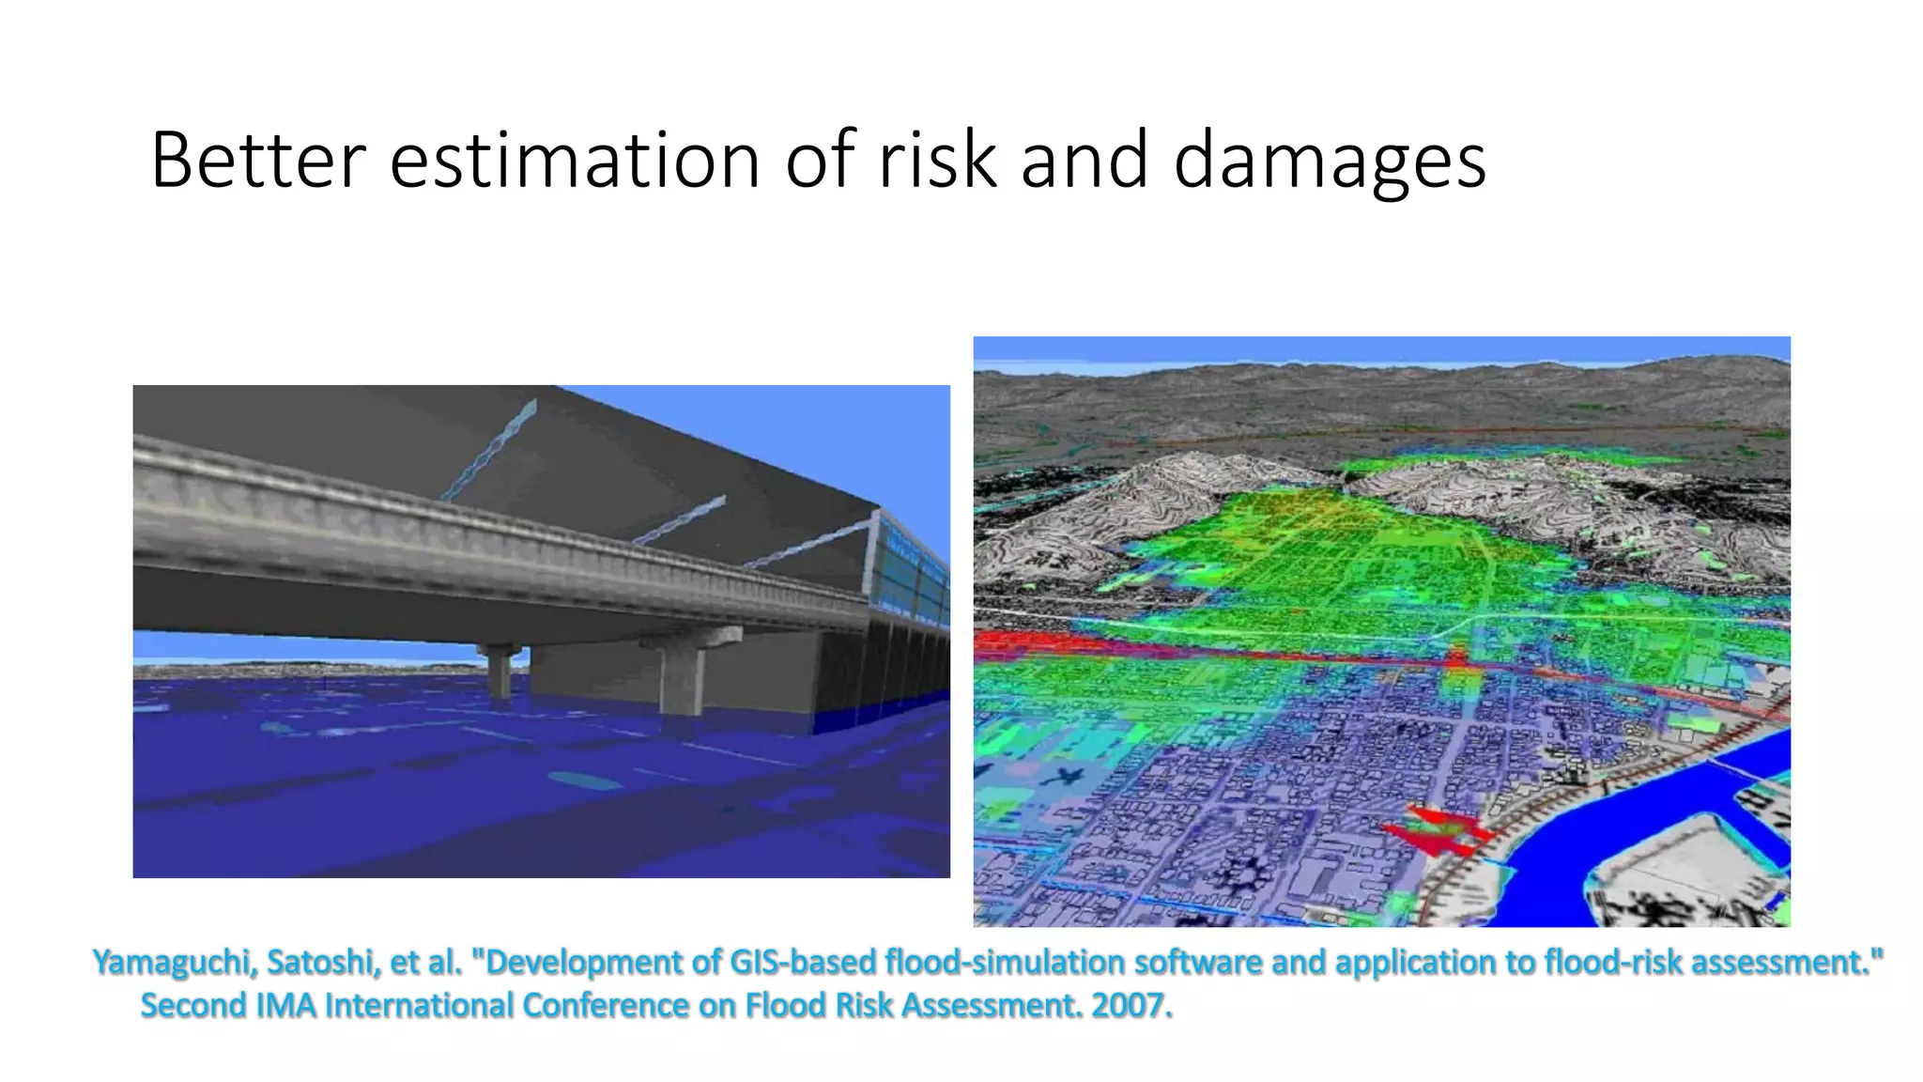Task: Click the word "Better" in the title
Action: point(256,161)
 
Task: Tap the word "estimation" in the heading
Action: point(574,161)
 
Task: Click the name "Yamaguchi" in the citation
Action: point(175,963)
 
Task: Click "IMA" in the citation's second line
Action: point(285,1006)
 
